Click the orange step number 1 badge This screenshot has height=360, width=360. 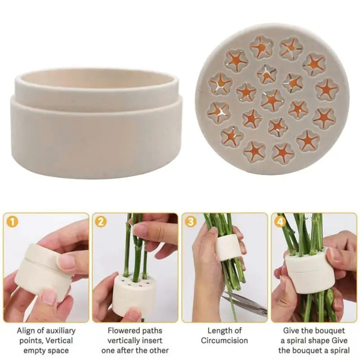coord(12,221)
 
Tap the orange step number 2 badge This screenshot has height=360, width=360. coord(101,221)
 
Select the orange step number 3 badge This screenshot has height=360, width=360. coord(190,221)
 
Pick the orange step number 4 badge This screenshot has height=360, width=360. coord(280,221)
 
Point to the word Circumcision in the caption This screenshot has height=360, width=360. coord(224,341)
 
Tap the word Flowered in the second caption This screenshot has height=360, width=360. coord(123,331)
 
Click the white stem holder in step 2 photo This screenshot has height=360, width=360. coord(133,295)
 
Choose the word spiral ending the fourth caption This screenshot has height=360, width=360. coord(337,351)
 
